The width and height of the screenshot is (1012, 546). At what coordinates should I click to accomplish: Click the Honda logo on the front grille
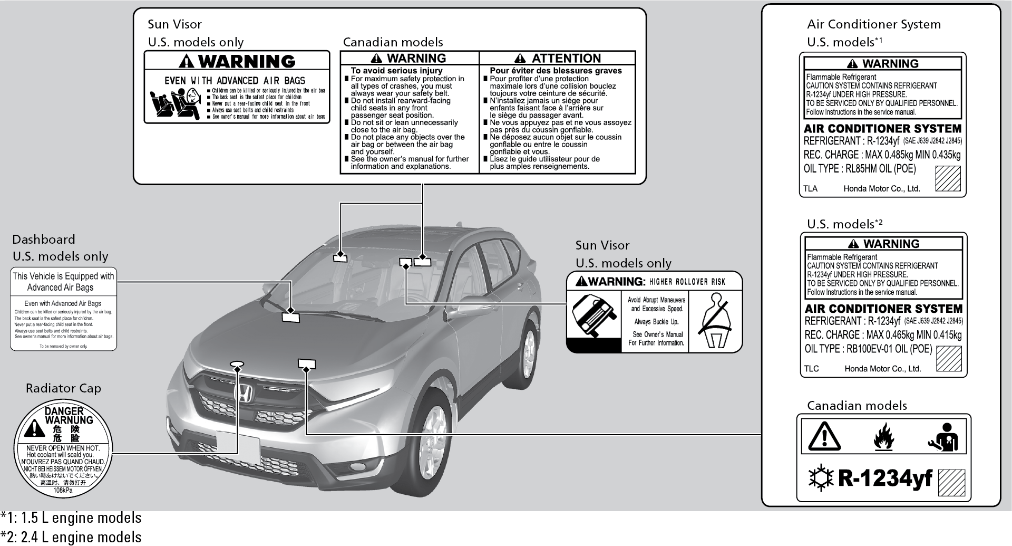tap(243, 395)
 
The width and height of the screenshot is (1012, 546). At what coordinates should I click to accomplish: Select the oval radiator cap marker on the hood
tap(237, 363)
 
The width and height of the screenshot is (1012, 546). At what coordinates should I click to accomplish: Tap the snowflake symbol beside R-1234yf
tap(821, 478)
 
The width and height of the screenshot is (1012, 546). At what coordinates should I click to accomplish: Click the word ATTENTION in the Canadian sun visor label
tap(566, 58)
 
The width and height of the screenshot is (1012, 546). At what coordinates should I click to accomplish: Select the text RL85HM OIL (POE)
tap(881, 169)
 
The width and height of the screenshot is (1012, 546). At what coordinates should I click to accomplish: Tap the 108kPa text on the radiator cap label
tap(63, 490)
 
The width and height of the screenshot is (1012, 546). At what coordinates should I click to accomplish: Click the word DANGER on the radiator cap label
tap(64, 411)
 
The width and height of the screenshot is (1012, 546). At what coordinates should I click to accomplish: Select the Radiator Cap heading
tap(63, 388)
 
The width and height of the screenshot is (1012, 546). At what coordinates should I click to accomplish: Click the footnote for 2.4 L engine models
tap(71, 537)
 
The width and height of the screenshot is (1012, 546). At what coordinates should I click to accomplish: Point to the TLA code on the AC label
tap(810, 188)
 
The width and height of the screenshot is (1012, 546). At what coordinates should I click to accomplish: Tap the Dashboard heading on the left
tap(44, 240)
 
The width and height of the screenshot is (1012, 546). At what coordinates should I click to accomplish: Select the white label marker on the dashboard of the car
tap(290, 317)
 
